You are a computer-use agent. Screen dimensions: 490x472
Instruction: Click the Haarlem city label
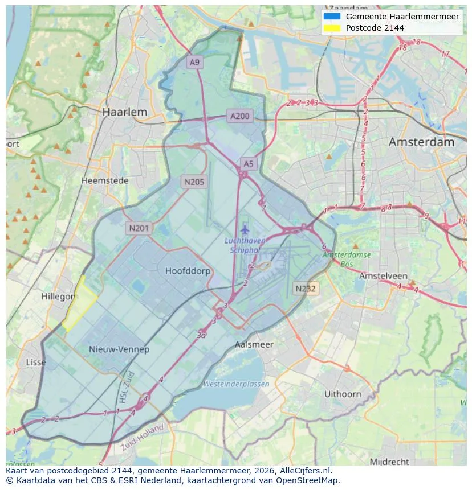tap(124, 112)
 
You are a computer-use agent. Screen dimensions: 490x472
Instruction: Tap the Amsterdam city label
tap(421, 142)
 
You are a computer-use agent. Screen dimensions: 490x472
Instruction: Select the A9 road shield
tap(195, 63)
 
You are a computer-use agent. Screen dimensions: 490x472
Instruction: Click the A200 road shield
tap(239, 116)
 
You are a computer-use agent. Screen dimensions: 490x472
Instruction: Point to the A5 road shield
tap(249, 164)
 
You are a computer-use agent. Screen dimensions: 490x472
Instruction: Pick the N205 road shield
tap(194, 182)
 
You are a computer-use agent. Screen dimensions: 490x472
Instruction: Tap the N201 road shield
tap(139, 228)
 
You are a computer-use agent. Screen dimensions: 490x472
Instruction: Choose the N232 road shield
tap(306, 289)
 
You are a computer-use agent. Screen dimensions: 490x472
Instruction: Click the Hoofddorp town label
tap(188, 271)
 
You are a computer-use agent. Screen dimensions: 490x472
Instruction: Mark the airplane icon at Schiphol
tap(245, 230)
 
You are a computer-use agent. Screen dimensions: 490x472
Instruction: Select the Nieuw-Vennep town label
tap(119, 349)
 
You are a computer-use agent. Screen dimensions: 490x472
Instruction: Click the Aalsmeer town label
tap(254, 344)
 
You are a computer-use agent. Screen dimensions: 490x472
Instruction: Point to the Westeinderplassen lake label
tap(236, 384)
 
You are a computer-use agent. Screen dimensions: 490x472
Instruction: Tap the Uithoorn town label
tap(343, 394)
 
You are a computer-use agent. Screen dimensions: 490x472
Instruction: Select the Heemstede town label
tap(105, 180)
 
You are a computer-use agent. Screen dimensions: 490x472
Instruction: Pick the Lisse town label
tap(36, 363)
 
